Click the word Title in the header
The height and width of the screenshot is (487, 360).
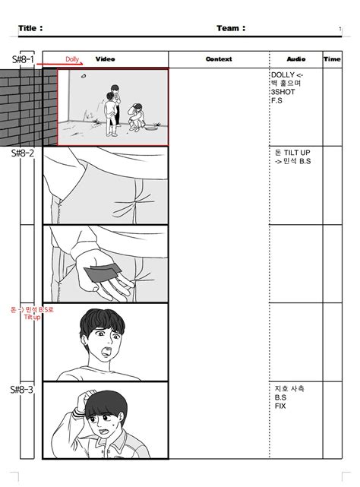[30, 29]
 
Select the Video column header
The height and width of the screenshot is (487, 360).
[105, 59]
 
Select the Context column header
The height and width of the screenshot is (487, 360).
[219, 59]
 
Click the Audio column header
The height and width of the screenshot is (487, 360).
[295, 59]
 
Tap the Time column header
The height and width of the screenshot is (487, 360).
[332, 59]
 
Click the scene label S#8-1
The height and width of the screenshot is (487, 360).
[23, 59]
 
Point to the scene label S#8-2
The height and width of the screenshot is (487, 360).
[23, 153]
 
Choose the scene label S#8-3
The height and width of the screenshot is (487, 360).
[23, 389]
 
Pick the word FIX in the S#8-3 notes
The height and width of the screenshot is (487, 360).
[280, 406]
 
